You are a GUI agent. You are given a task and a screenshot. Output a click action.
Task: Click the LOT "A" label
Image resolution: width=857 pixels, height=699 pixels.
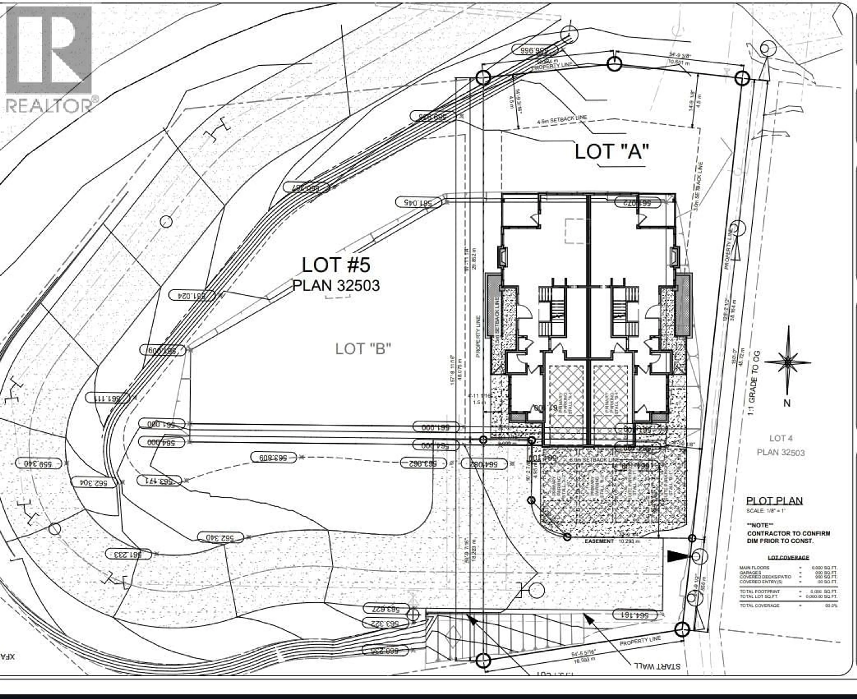612,152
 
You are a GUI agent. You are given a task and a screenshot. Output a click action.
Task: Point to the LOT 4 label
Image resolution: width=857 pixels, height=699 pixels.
780,438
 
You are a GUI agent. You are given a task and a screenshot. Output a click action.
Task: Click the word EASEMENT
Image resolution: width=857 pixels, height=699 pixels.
599,541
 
